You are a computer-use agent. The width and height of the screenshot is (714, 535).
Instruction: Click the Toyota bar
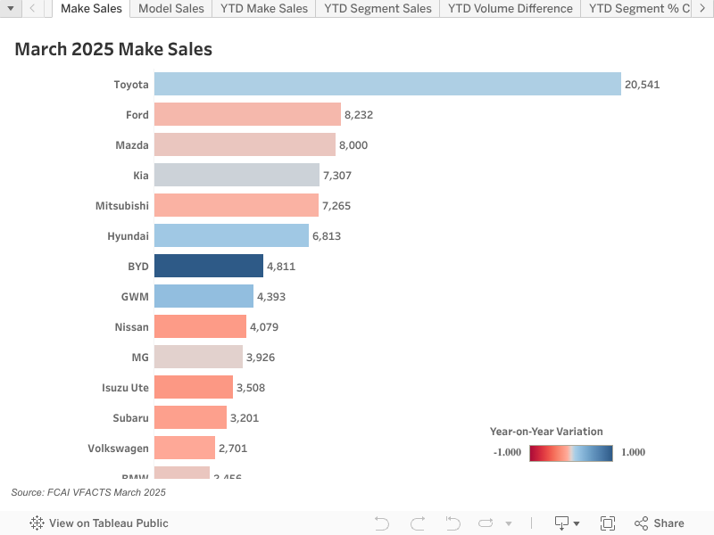click(x=387, y=84)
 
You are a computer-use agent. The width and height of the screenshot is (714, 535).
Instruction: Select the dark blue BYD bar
click(x=209, y=266)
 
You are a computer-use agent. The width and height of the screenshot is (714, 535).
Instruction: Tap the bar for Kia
click(x=237, y=175)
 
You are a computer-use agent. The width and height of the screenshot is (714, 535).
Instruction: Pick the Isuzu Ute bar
click(x=194, y=387)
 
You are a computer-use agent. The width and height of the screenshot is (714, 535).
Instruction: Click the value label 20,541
click(x=642, y=85)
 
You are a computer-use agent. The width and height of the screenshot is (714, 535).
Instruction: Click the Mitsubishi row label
click(x=122, y=206)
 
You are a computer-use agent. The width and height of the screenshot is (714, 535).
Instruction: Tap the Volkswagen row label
click(x=118, y=448)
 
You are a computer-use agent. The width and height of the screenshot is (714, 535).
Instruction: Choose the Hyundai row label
click(x=128, y=236)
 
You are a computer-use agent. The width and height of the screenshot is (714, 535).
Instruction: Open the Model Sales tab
click(x=171, y=9)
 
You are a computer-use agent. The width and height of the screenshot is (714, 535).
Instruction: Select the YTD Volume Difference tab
click(x=510, y=9)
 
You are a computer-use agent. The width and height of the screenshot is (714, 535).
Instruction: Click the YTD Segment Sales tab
click(x=378, y=9)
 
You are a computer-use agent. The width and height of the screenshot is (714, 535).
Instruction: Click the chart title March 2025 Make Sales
click(x=113, y=49)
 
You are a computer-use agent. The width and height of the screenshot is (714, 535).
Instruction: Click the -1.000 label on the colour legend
click(x=507, y=452)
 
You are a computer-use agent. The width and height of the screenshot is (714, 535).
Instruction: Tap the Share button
click(x=660, y=523)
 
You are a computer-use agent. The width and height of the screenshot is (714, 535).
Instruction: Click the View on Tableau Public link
click(x=99, y=523)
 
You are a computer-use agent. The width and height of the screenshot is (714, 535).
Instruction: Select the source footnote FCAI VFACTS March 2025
click(x=88, y=492)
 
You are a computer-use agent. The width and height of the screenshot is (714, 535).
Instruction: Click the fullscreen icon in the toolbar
click(x=608, y=523)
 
